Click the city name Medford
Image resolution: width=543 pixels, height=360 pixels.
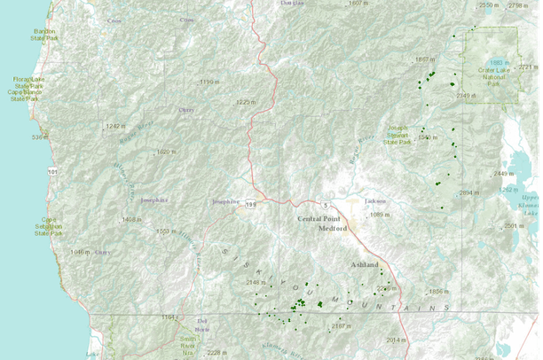[334, 228]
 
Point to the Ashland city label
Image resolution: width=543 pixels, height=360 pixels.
[363, 265]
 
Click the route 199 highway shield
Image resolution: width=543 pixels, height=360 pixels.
[251, 203]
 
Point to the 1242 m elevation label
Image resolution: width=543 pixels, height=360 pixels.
[117, 127]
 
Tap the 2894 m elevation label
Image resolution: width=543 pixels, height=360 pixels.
[468, 192]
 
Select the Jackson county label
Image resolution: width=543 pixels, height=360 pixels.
[374, 200]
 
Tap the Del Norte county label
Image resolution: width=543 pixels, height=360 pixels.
[202, 325]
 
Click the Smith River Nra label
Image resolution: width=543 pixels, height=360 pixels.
[188, 344]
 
